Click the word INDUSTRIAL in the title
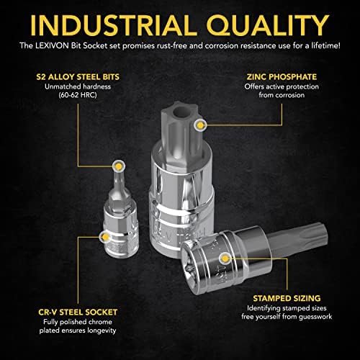114,25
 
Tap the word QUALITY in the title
268,26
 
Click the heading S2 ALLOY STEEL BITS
78,77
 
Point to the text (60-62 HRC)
78,95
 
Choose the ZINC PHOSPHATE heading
282,77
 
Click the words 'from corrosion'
282,95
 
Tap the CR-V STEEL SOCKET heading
78,312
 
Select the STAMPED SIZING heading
287,298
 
